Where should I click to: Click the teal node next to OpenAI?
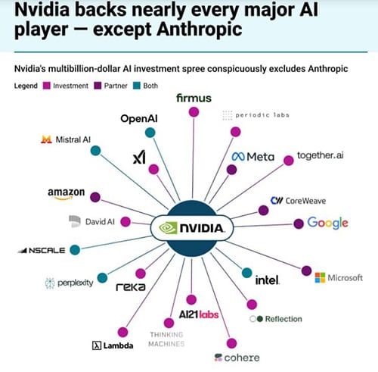(x=150, y=133)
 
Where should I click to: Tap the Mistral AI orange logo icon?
(x=46, y=139)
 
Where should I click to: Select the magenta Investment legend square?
(x=47, y=86)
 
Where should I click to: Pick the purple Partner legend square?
(x=98, y=86)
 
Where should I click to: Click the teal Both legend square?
(x=137, y=86)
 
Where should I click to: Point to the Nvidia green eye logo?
(x=168, y=228)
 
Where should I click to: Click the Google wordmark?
(x=327, y=224)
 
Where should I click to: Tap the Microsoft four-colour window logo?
(x=320, y=278)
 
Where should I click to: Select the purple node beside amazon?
(x=95, y=197)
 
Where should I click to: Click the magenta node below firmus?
(x=194, y=112)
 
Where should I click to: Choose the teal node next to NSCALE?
(x=75, y=250)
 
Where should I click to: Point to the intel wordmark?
(x=268, y=280)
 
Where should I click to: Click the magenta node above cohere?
(x=231, y=343)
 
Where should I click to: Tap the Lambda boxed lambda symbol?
(x=97, y=345)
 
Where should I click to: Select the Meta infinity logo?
(x=238, y=157)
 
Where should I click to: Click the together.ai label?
(x=321, y=155)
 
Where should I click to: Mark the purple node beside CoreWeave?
(x=264, y=210)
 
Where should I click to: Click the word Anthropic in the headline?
(x=199, y=30)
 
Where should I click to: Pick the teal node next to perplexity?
(x=102, y=278)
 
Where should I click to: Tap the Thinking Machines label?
(x=166, y=339)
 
